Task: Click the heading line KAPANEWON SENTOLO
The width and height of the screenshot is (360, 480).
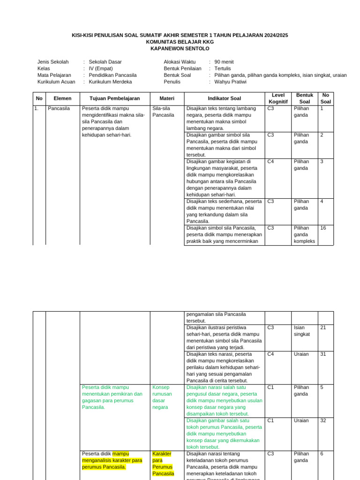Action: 180,48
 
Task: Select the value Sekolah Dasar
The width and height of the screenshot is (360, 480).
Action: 104,61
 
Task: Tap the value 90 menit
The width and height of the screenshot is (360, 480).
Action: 224,61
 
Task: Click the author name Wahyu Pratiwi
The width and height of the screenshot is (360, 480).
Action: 230,82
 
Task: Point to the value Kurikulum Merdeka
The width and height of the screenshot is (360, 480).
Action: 110,82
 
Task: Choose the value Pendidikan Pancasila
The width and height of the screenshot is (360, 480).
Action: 112,75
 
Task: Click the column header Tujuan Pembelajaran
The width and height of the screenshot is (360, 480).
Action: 115,98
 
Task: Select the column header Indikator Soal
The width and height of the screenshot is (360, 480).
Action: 225,98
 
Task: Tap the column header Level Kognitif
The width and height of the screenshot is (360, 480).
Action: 278,98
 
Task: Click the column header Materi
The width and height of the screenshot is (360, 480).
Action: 167,98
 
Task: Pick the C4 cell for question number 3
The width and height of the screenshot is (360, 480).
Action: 270,162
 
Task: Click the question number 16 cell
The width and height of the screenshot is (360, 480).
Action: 323,228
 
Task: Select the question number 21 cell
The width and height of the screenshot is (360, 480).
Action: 323,328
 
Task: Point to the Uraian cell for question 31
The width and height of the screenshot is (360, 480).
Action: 301,354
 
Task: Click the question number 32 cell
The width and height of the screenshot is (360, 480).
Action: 323,421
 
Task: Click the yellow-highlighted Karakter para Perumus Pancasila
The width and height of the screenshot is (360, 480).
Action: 163,464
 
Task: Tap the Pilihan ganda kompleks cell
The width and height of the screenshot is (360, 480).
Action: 304,235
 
